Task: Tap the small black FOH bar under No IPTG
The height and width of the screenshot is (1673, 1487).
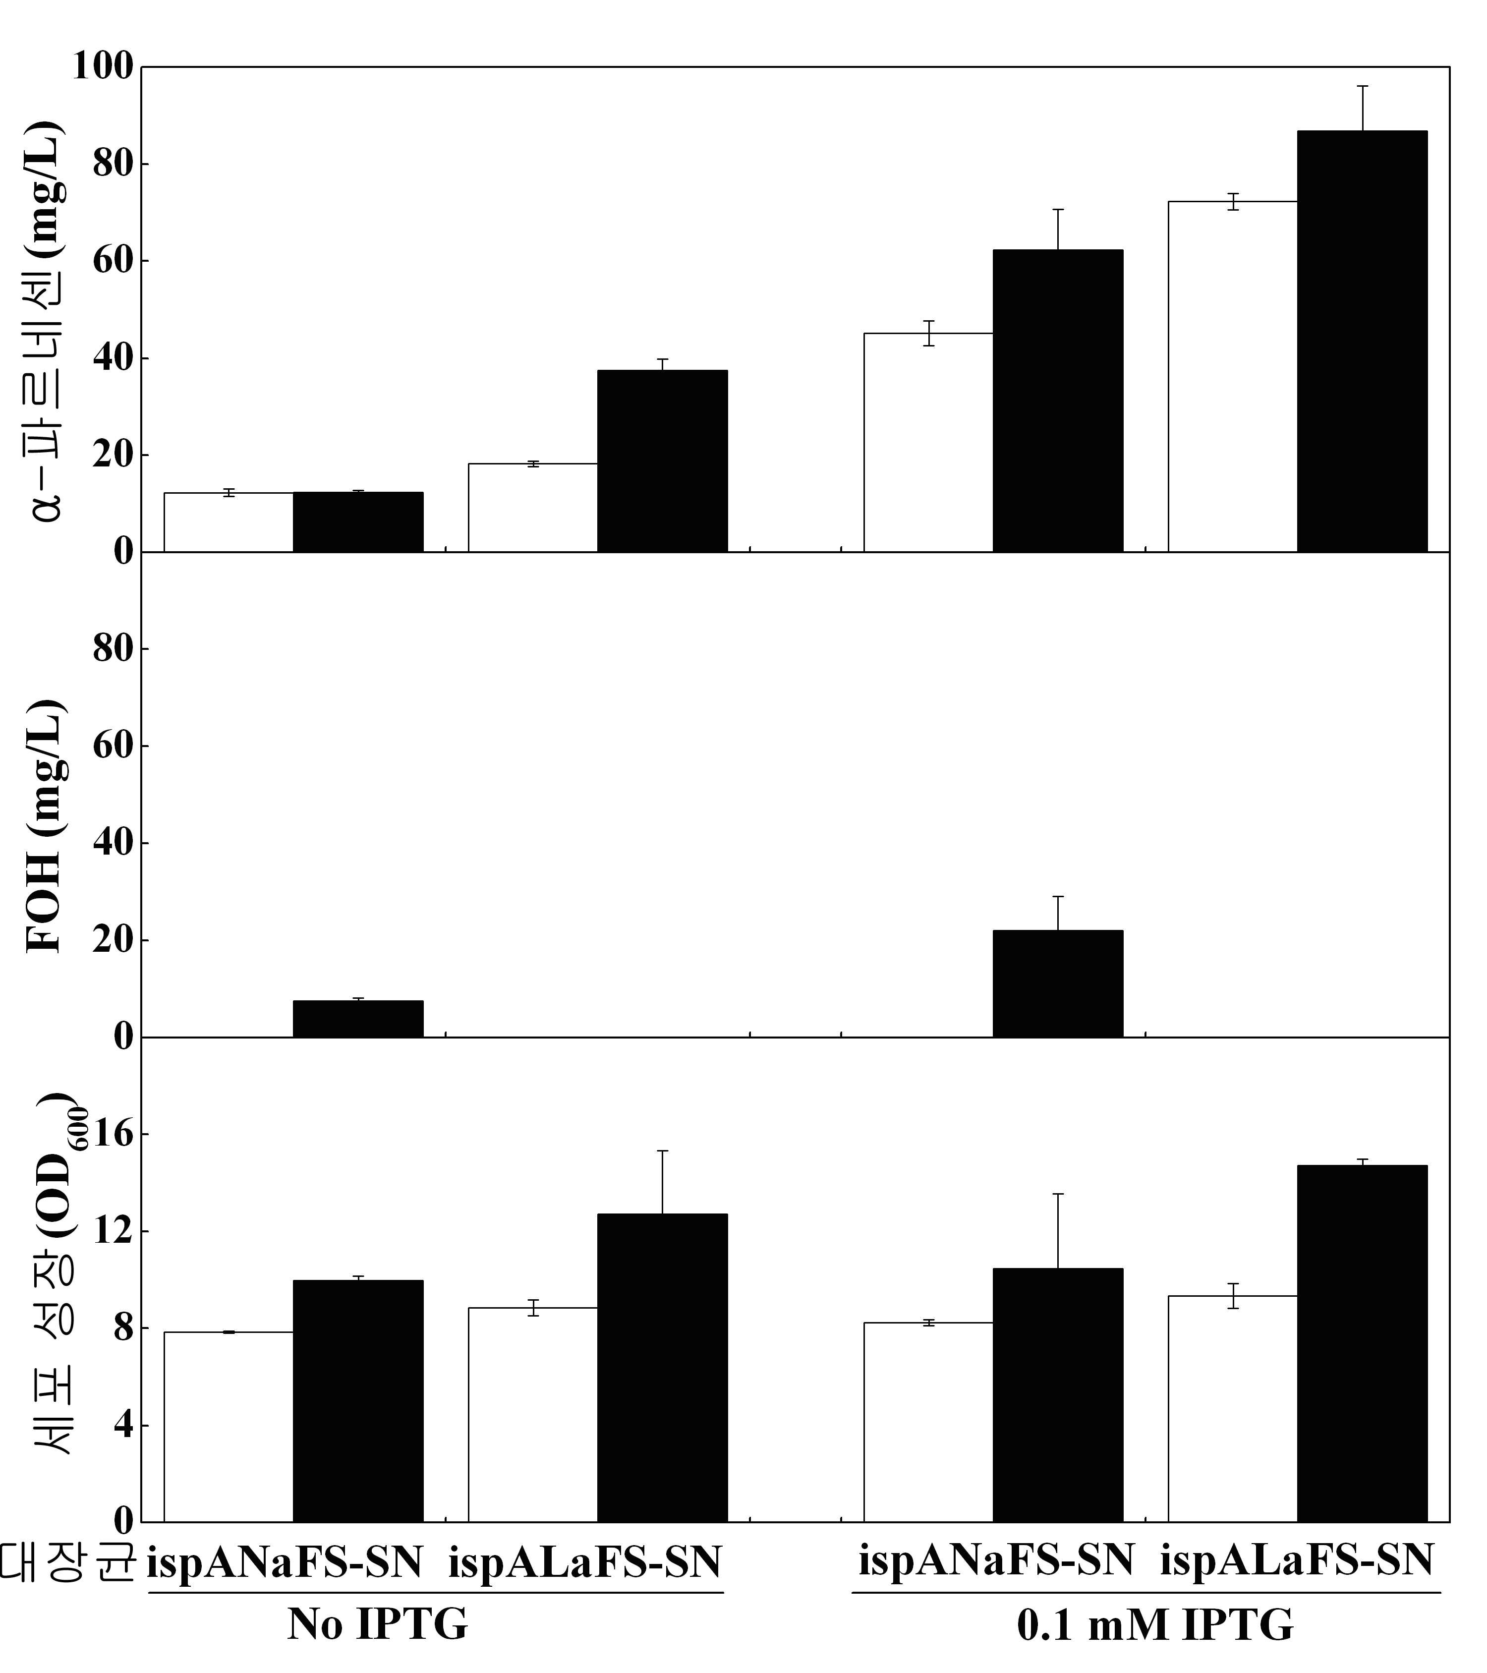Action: tap(358, 1019)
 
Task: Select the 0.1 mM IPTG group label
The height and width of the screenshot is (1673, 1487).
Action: tap(1155, 1625)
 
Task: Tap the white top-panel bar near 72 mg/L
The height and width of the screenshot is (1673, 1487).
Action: tap(1233, 377)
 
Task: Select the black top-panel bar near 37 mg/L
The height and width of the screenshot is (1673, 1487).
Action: tap(662, 462)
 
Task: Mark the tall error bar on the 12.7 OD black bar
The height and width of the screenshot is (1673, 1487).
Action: tap(662, 1183)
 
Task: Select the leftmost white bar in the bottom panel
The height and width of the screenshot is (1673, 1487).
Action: tap(229, 1428)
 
